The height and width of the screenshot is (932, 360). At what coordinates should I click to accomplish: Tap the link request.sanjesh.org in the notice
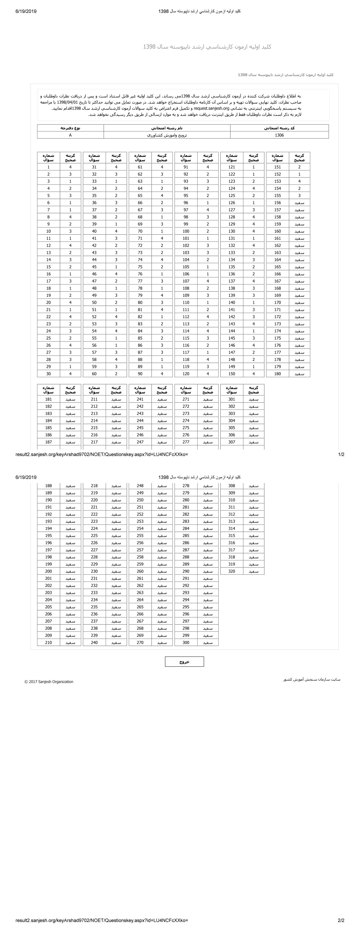(x=212, y=108)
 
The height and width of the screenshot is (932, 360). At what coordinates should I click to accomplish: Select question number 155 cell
(x=277, y=195)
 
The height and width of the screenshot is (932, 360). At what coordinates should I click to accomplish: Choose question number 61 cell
(x=140, y=167)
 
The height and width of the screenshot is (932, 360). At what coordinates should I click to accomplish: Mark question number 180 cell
(x=277, y=374)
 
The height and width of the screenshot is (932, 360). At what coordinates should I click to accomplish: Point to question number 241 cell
(x=140, y=399)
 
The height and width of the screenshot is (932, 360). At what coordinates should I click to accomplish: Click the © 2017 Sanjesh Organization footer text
(x=49, y=682)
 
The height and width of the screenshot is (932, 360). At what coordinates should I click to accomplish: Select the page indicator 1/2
(x=341, y=454)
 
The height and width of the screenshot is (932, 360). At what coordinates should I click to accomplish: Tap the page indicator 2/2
(x=341, y=920)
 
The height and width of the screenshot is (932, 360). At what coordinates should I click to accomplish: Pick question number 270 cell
(x=140, y=643)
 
